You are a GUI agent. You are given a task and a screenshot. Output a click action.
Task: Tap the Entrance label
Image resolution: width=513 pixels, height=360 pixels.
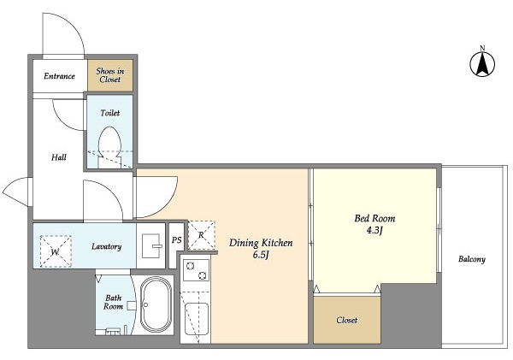click(x=59, y=76)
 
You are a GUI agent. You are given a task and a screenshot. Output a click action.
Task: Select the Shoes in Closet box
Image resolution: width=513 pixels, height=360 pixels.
click(x=109, y=75)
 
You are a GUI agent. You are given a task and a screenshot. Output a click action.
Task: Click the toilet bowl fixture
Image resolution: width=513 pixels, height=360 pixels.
click(x=109, y=142)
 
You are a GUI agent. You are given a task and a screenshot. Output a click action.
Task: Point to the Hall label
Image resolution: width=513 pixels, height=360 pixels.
click(x=58, y=157)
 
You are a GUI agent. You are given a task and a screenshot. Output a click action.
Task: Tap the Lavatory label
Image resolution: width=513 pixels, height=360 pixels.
click(x=107, y=247)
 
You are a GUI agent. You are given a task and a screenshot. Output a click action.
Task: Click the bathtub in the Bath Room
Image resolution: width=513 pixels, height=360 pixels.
click(x=156, y=306)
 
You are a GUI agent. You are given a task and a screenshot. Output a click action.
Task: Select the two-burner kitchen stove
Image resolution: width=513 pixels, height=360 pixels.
click(x=196, y=271)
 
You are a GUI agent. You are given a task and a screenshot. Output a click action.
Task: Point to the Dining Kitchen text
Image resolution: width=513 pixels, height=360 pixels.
click(x=261, y=243)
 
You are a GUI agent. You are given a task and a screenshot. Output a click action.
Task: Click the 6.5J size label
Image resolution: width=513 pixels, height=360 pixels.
click(x=262, y=256)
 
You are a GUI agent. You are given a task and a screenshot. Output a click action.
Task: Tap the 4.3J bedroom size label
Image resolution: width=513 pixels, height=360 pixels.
click(x=374, y=231)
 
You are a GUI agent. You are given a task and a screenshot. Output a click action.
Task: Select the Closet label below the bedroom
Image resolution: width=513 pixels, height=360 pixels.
click(x=346, y=320)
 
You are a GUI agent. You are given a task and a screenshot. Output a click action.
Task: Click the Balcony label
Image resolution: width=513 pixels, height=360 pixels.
click(x=471, y=259)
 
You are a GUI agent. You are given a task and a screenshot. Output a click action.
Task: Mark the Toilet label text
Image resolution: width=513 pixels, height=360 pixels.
click(x=109, y=112)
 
